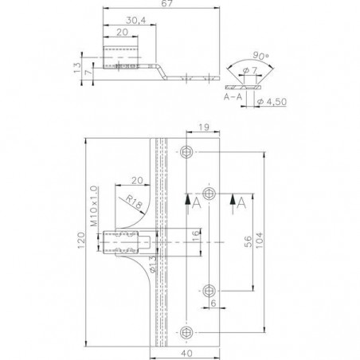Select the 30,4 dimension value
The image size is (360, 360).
tap(136, 21)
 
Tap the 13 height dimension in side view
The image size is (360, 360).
tap(77, 68)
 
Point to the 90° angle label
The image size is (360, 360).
tap(260, 56)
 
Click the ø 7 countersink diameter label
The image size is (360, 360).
tap(250, 70)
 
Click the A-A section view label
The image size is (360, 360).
tap(233, 96)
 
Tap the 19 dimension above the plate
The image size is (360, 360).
tap(204, 127)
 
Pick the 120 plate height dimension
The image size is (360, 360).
tap(81, 241)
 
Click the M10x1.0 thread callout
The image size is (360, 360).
tap(94, 206)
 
